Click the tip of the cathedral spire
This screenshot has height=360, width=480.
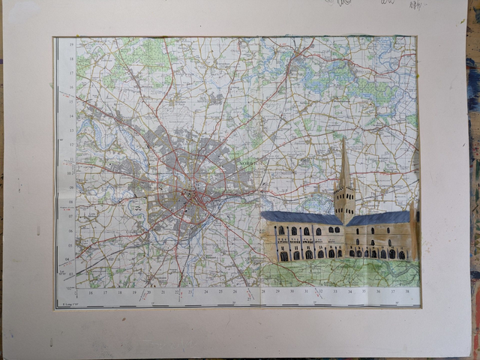pos(343,139)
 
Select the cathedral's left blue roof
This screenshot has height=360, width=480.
pos(300,217)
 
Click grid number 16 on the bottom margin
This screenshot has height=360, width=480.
pos(91,292)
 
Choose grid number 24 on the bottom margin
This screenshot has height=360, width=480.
pos(207,292)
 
